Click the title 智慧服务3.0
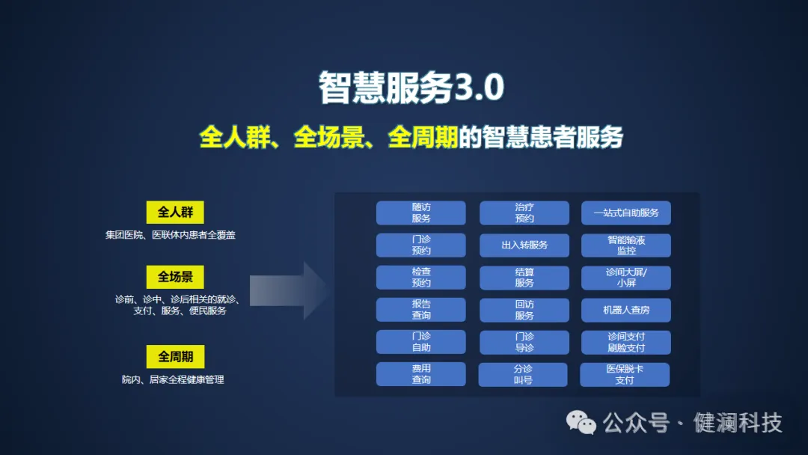coord(411,88)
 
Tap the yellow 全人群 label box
coord(175,213)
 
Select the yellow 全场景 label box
coord(175,277)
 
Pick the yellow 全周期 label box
coord(175,356)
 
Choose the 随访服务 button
coord(420,213)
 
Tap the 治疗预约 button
coord(524,213)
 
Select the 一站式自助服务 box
coord(626,213)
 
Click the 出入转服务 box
coord(524,245)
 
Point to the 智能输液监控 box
coord(626,245)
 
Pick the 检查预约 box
coord(420,278)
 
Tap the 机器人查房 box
coord(626,310)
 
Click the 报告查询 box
coord(420,310)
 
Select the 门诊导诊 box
coord(524,342)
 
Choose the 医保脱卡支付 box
coord(625,374)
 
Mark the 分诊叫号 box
coord(523,374)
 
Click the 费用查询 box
coord(420,374)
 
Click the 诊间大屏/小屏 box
coord(626,278)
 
